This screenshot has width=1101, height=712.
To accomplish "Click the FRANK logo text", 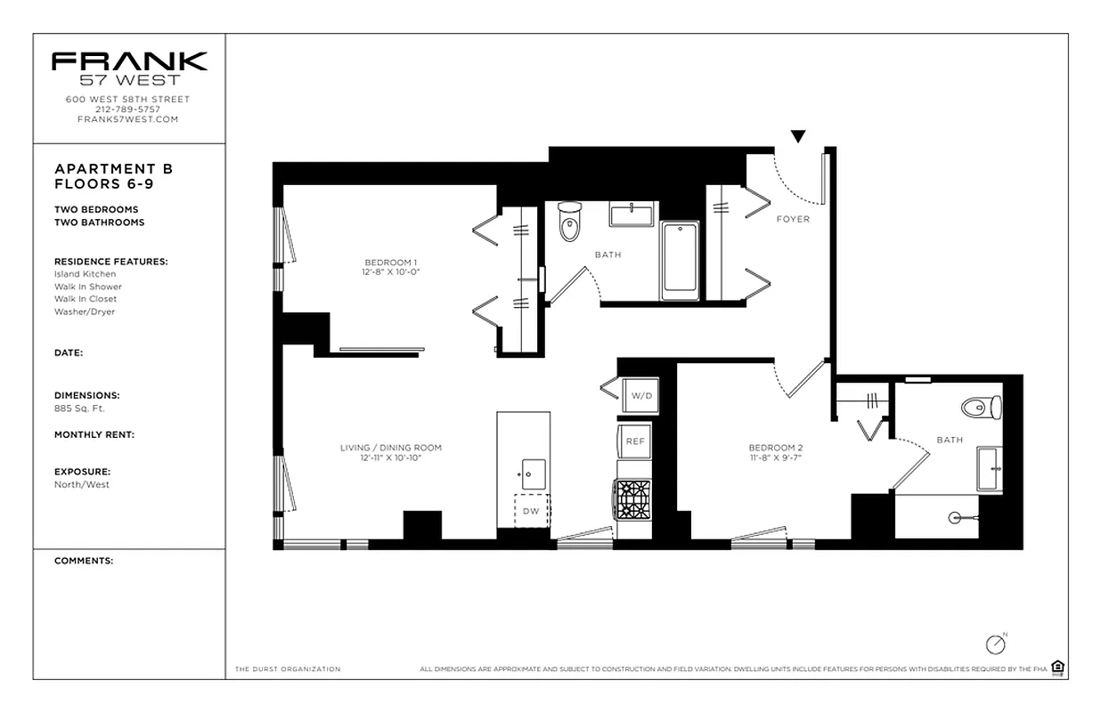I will pos(129,61).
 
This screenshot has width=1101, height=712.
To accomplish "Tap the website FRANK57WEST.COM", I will pos(128,119).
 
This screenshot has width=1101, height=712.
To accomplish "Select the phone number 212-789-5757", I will pos(128,109).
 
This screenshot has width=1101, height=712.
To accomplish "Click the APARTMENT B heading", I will pos(114,168).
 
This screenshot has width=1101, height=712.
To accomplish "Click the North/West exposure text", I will pos(82,484).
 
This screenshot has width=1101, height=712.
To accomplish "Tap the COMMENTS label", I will pos(84,561).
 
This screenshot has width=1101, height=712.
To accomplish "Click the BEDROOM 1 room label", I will pos(391,262).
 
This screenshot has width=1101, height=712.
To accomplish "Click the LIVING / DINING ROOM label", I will pos(390,448).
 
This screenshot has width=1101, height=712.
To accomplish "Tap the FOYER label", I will pos(793,219).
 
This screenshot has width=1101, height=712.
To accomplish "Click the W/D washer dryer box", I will pos(640,395).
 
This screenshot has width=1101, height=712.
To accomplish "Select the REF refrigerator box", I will pos(635,441).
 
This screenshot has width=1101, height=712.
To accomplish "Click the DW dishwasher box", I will pos(531,511).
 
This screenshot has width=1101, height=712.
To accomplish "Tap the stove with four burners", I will pos(633,499).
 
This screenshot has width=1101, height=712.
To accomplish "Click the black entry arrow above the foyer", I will pos(798,136).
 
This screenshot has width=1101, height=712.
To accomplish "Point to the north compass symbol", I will pos(995,643).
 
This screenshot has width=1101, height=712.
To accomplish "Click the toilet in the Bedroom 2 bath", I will pos(981,408).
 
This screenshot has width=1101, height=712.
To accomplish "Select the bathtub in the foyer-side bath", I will pos(681,261).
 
